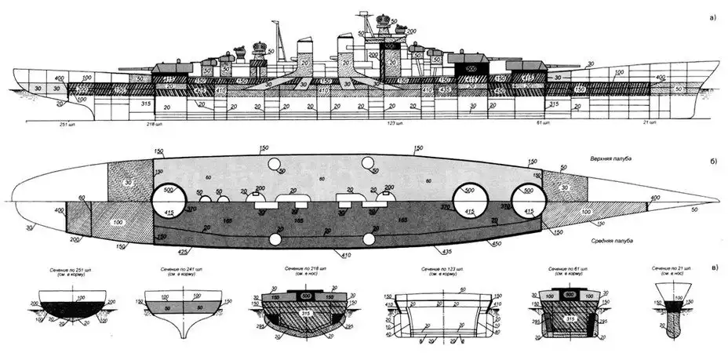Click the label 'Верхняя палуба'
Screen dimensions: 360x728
(x=613, y=159)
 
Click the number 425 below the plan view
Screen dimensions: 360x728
(x=184, y=253)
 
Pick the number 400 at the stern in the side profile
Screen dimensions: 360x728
(x=37, y=78)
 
